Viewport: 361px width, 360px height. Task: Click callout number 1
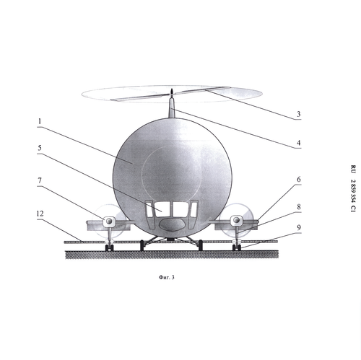(40, 121)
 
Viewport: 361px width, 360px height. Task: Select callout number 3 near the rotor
(298, 114)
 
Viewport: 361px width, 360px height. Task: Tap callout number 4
(298, 143)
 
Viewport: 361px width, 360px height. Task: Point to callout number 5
(40, 148)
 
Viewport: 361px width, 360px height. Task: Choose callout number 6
(299, 180)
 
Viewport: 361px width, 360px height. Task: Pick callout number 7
(40, 180)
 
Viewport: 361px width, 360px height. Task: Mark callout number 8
(299, 207)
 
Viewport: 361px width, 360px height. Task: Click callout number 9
(299, 227)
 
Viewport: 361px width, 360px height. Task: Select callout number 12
(40, 214)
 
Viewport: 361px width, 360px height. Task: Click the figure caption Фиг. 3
(166, 277)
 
